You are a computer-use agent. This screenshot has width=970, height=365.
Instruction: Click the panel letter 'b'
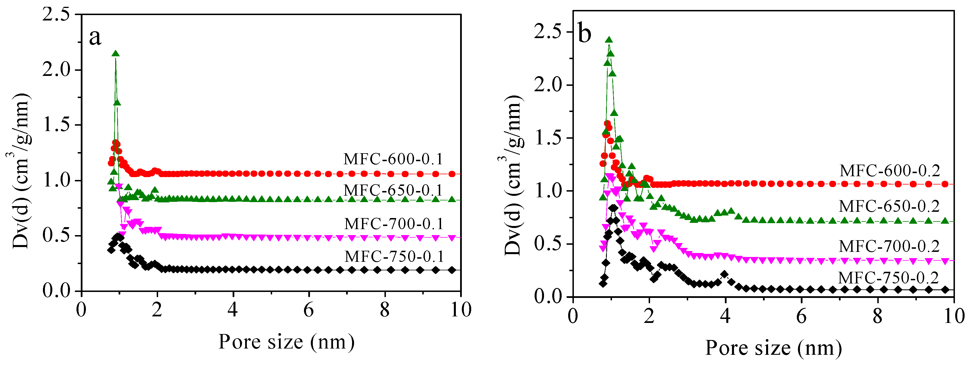coord(584,34)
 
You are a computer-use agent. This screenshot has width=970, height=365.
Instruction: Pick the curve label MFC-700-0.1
coord(394,224)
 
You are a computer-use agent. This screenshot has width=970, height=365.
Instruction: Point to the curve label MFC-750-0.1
coord(394,257)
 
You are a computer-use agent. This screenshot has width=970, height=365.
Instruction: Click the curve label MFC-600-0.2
coord(890,171)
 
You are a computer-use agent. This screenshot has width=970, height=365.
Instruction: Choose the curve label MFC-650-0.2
coord(890,206)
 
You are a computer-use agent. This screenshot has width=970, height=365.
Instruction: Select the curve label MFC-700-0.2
coord(890,246)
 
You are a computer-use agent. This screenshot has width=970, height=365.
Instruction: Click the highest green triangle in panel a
coord(116,54)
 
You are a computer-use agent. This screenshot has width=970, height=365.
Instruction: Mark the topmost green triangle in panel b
coord(609,40)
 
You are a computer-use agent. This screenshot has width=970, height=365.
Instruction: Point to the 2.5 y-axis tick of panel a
coord(57,15)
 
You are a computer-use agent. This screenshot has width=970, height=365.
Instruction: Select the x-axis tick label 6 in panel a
coord(308,310)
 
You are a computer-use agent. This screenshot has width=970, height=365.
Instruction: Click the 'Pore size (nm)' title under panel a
coord(287,342)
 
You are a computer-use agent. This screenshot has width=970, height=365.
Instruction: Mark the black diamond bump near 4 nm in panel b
coord(724,274)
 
